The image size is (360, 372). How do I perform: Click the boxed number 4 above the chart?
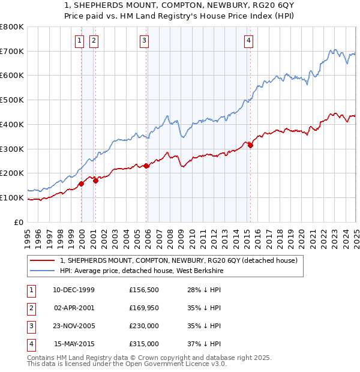point(248,41)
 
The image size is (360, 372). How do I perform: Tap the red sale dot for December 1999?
point(81,184)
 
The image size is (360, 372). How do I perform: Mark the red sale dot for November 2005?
point(146,166)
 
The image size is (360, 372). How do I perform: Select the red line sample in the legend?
point(41,261)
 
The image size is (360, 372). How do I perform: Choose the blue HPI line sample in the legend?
point(41,271)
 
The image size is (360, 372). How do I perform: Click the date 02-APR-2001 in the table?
point(74,308)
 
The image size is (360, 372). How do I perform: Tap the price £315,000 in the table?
point(144,344)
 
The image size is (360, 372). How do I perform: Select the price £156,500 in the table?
point(144,290)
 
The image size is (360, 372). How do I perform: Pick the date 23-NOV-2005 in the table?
point(74,326)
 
